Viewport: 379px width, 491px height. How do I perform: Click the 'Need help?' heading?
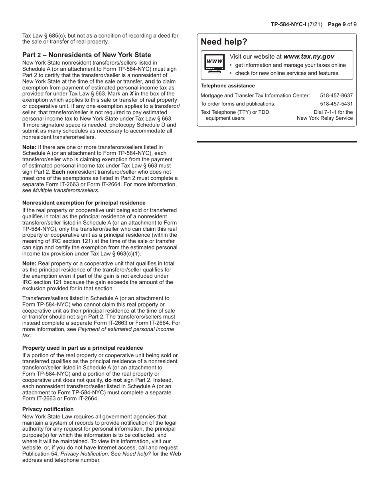coord(224,42)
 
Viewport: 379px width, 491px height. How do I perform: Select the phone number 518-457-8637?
coord(336,95)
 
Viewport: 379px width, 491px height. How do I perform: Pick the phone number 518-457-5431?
coord(336,104)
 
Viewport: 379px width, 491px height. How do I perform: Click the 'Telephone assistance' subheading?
coord(227,86)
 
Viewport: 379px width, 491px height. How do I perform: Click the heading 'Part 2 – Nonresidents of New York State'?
coord(87,55)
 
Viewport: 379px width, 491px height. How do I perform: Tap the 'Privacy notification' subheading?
coord(48,409)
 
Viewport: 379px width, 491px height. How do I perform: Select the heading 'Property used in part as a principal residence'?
coord(83,348)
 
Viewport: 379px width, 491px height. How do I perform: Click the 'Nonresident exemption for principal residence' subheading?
coord(84,203)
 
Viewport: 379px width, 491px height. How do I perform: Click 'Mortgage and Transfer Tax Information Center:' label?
coord(255,95)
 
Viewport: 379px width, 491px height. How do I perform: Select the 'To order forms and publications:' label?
coord(238,104)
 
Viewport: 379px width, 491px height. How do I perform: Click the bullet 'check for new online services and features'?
coord(286,73)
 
